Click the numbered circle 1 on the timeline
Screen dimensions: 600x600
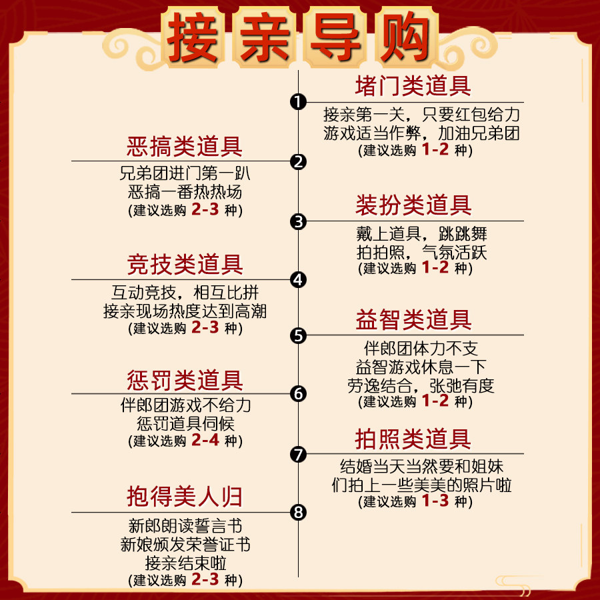click(x=298, y=101)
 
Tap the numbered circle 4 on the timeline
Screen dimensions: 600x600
click(x=298, y=280)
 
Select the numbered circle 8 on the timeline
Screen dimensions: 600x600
click(x=298, y=512)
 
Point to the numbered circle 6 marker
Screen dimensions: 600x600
click(x=298, y=394)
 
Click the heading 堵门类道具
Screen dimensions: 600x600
click(x=413, y=86)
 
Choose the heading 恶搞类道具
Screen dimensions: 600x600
click(x=185, y=146)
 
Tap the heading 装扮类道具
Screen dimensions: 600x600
click(x=413, y=205)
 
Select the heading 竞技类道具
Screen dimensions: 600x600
click(x=185, y=265)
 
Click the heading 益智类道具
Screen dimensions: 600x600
click(x=413, y=320)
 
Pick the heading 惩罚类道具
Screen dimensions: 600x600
click(x=185, y=381)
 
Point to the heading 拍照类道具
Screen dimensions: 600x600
click(x=413, y=439)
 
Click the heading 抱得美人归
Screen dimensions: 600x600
click(x=185, y=497)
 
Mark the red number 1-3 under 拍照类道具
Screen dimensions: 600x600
click(x=435, y=501)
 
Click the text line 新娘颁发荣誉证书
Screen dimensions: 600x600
click(x=185, y=544)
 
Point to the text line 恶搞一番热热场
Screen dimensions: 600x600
click(x=185, y=193)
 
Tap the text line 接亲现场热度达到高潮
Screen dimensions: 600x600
click(x=185, y=311)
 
